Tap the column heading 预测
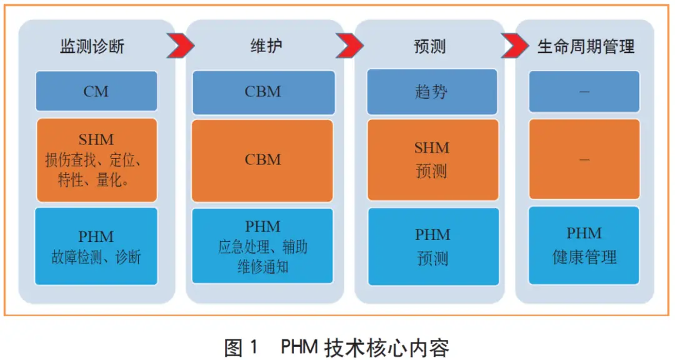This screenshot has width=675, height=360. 430,46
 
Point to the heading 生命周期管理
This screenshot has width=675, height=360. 586,46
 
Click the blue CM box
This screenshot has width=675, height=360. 96,92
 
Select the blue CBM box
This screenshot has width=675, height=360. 263,92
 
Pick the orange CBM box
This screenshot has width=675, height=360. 263,161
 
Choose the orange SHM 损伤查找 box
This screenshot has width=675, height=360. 96,160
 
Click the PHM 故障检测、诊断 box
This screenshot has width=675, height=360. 96,246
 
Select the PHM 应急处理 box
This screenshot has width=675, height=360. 263,246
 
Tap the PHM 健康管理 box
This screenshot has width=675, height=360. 584,245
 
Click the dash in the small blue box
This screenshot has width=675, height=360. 584,92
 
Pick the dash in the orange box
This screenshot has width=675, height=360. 584,160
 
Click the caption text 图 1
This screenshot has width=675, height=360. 241,346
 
